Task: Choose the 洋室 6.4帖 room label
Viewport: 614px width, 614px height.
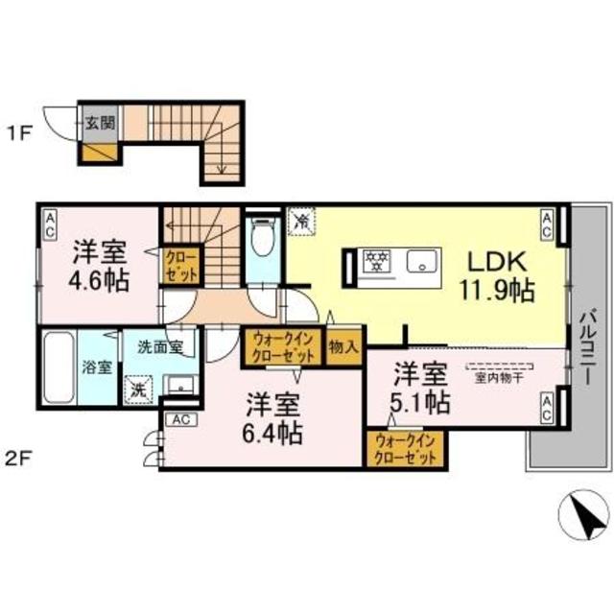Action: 272,418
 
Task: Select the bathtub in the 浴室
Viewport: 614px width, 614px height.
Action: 58,370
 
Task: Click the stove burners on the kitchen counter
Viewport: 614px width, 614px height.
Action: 377,261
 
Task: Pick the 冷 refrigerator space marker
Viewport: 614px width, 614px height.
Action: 300,222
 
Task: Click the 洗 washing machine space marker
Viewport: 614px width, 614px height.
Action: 138,390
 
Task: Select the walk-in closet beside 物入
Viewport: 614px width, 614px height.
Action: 283,345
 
